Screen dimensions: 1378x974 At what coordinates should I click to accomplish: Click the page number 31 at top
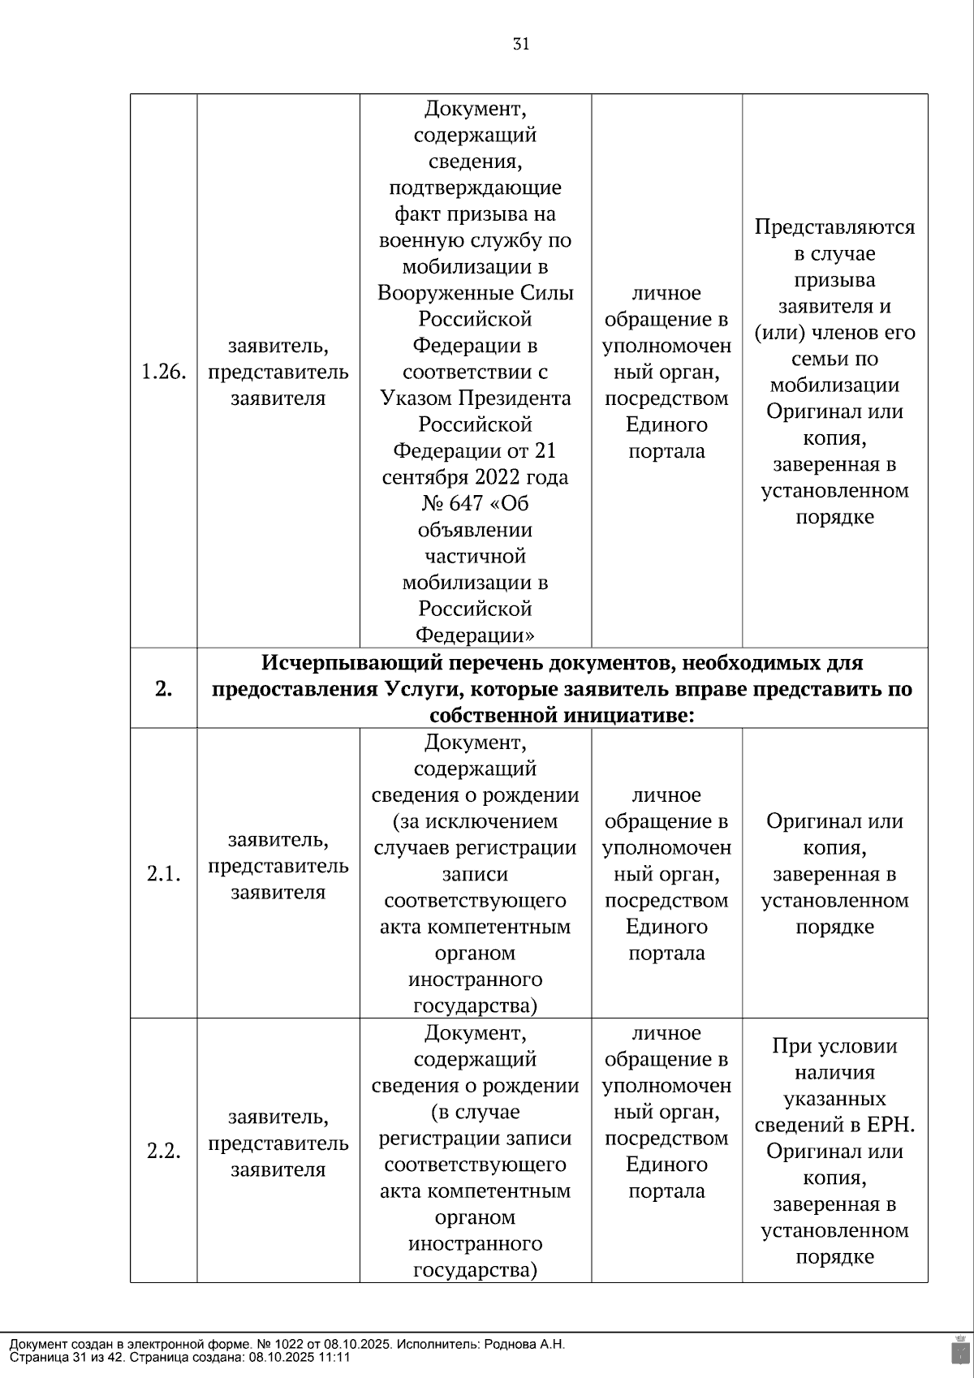(521, 44)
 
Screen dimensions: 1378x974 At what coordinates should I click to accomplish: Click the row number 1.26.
(163, 372)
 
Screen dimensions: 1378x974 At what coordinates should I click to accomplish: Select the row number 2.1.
(163, 874)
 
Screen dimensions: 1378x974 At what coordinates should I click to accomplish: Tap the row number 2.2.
(163, 1151)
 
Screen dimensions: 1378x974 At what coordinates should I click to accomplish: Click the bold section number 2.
(163, 689)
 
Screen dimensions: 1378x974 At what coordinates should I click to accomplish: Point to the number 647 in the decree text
(465, 503)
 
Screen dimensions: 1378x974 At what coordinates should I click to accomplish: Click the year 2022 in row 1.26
(512, 477)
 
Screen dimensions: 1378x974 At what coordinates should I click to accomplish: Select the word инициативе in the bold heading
(631, 716)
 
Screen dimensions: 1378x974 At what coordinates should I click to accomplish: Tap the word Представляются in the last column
(834, 226)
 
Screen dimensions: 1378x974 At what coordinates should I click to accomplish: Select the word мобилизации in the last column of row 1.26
(834, 385)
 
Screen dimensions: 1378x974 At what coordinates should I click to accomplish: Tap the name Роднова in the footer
(511, 1344)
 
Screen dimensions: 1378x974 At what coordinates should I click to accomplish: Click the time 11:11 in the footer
(335, 1357)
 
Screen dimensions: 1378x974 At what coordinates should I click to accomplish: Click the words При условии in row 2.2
(834, 1046)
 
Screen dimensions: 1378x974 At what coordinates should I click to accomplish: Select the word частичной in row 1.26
(475, 556)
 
